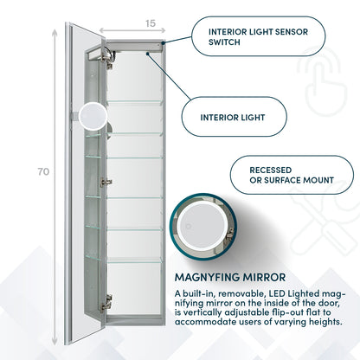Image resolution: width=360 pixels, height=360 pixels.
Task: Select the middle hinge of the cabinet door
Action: click(x=107, y=181)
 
